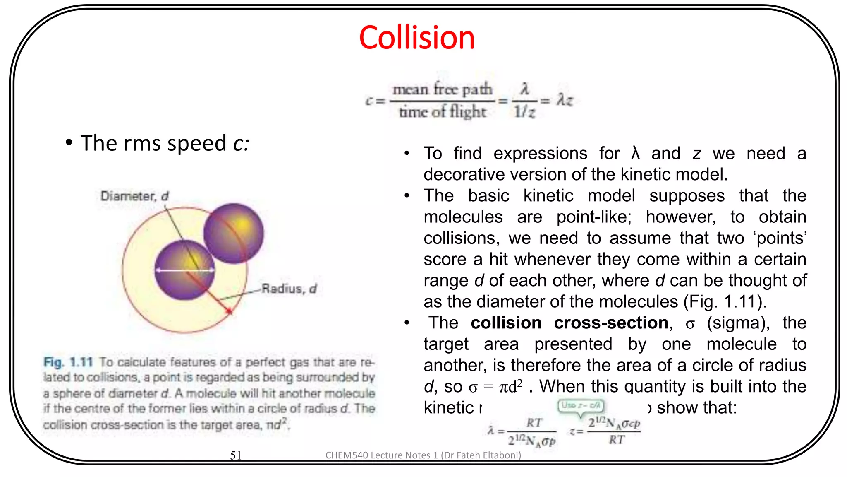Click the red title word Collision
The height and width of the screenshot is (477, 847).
pyautogui.click(x=417, y=38)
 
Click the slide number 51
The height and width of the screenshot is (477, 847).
pyautogui.click(x=236, y=455)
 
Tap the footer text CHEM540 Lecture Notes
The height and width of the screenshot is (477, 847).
pyautogui.click(x=423, y=455)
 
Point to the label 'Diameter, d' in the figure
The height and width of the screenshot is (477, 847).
pyautogui.click(x=134, y=196)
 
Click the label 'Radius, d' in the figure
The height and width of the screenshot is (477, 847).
pyautogui.click(x=289, y=289)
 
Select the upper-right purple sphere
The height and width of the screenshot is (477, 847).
pyautogui.click(x=234, y=233)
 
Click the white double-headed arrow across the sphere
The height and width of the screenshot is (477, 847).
pyautogui.click(x=184, y=270)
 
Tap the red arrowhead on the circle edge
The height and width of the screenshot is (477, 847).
pyautogui.click(x=229, y=310)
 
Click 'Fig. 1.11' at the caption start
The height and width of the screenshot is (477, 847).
pyautogui.click(x=68, y=362)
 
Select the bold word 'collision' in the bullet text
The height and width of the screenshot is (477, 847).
pyautogui.click(x=506, y=323)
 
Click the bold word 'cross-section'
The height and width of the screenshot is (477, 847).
pyautogui.click(x=611, y=323)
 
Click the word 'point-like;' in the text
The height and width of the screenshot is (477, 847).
pyautogui.click(x=594, y=217)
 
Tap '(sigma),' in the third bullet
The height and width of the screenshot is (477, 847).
pyautogui.click(x=738, y=323)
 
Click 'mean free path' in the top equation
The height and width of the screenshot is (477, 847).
pyautogui.click(x=442, y=89)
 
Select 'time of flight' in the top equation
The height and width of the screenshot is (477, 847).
pyautogui.click(x=442, y=112)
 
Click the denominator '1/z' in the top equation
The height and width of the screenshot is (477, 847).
pyautogui.click(x=524, y=112)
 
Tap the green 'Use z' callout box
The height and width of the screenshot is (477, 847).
pyautogui.click(x=581, y=405)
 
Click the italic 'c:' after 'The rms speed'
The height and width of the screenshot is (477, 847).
pyautogui.click(x=241, y=143)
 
